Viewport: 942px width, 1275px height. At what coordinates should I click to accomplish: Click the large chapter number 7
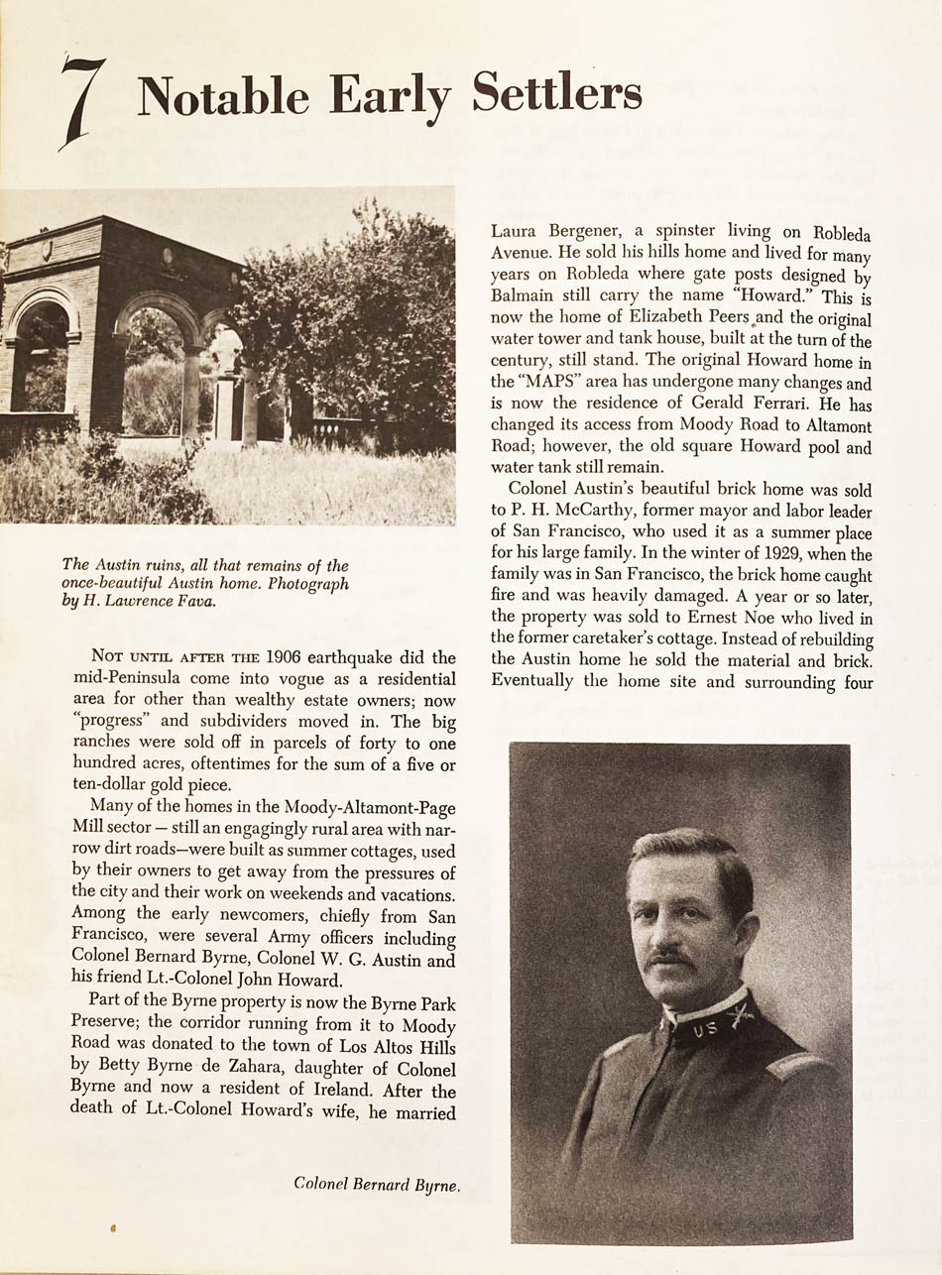click(x=83, y=102)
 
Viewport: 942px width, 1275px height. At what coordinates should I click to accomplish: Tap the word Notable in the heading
click(x=223, y=96)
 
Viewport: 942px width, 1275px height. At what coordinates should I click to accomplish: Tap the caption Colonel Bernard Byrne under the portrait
click(x=376, y=1183)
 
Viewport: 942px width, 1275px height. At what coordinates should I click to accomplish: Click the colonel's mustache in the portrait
click(x=670, y=958)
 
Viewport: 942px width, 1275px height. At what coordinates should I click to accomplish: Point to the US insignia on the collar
click(x=705, y=1029)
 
